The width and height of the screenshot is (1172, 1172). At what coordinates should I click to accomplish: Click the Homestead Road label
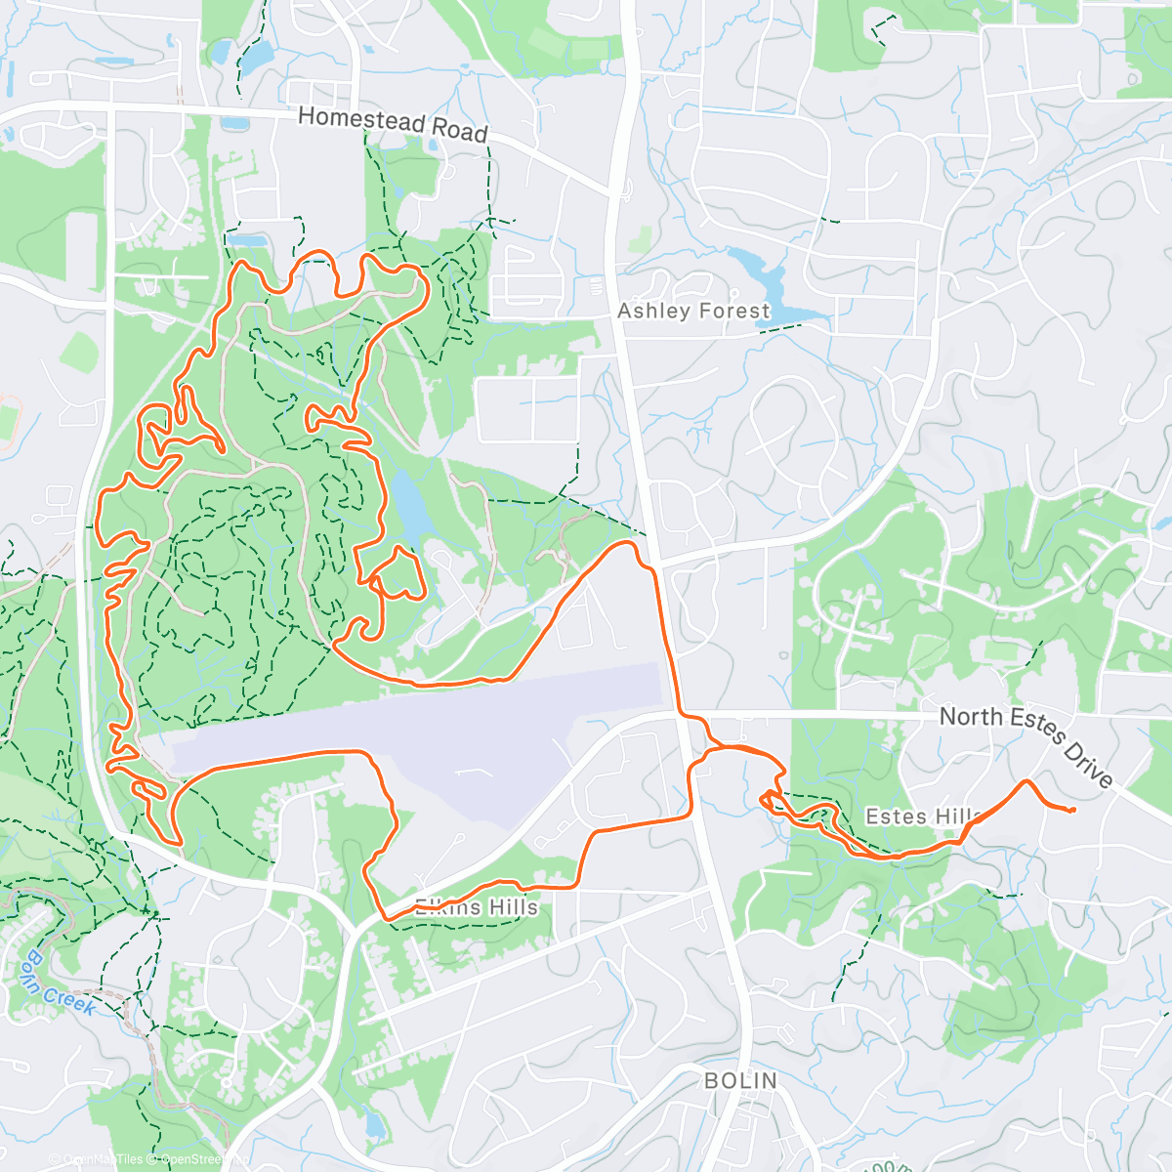click(x=392, y=124)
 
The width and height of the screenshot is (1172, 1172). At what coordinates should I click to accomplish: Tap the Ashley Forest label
click(x=693, y=311)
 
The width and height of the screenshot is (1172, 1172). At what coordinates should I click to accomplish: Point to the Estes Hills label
click(x=923, y=816)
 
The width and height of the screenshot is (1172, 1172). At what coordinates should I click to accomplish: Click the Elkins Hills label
click(x=477, y=907)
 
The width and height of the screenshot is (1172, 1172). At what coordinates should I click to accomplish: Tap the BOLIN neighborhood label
click(x=741, y=1080)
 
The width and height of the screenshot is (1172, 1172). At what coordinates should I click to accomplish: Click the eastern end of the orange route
click(x=1072, y=810)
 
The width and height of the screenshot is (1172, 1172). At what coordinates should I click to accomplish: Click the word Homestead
click(x=361, y=120)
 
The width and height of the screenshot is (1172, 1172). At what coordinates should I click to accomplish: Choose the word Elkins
click(x=444, y=907)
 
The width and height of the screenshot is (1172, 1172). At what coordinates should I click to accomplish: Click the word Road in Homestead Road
click(x=458, y=131)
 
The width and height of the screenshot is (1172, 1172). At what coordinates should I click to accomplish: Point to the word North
click(x=971, y=717)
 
